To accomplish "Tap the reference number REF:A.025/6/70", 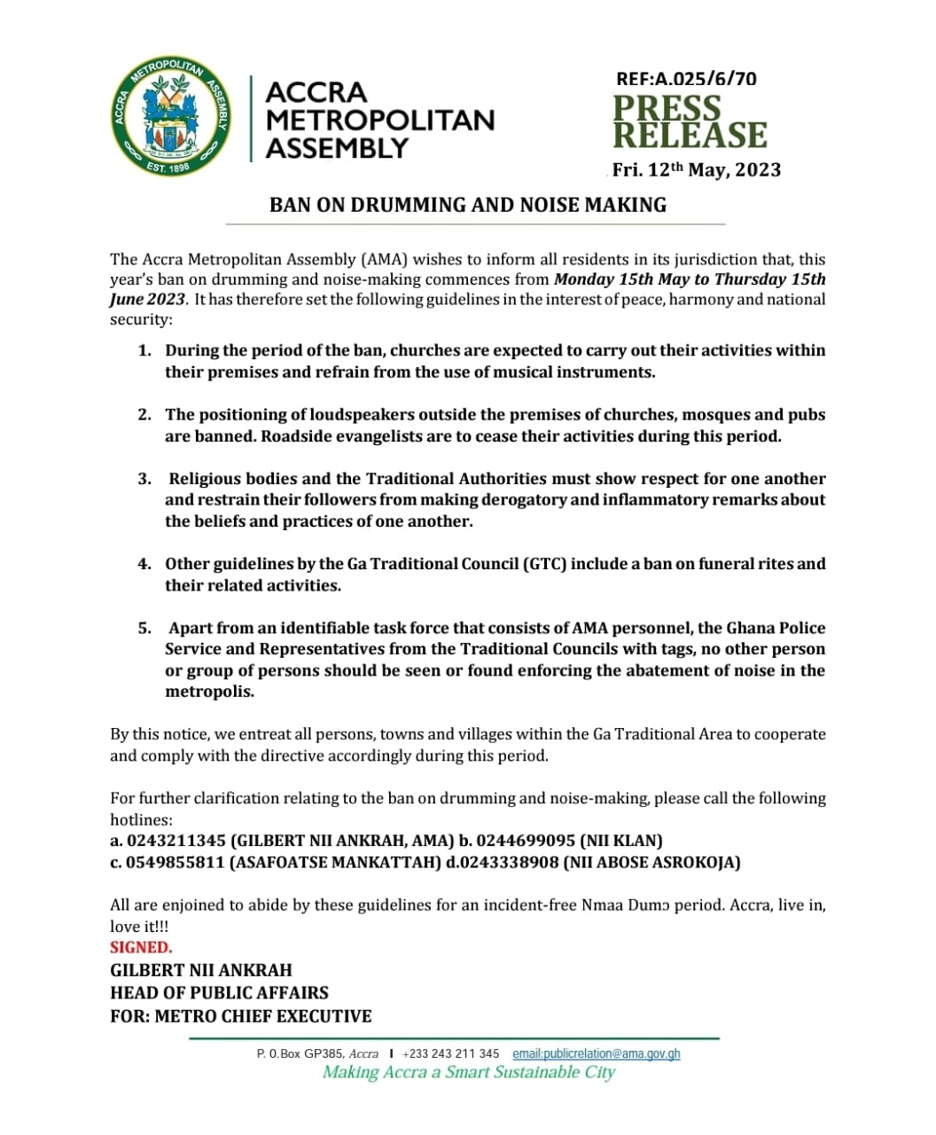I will click(x=687, y=79).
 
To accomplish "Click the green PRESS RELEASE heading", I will click(x=690, y=121).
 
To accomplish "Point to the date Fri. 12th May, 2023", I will click(x=697, y=169).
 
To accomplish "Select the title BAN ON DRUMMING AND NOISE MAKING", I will click(x=468, y=205).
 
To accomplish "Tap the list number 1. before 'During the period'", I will click(x=144, y=351).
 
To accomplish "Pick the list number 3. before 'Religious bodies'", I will click(x=144, y=479).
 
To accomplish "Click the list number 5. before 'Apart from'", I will click(x=144, y=628).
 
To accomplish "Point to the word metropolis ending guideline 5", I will click(x=209, y=692).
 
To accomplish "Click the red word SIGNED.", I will click(x=141, y=947).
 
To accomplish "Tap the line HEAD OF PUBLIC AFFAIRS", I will click(x=219, y=993).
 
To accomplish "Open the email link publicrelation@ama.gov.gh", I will click(x=597, y=1053).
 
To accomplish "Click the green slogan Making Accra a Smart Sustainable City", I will click(x=468, y=1073).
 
